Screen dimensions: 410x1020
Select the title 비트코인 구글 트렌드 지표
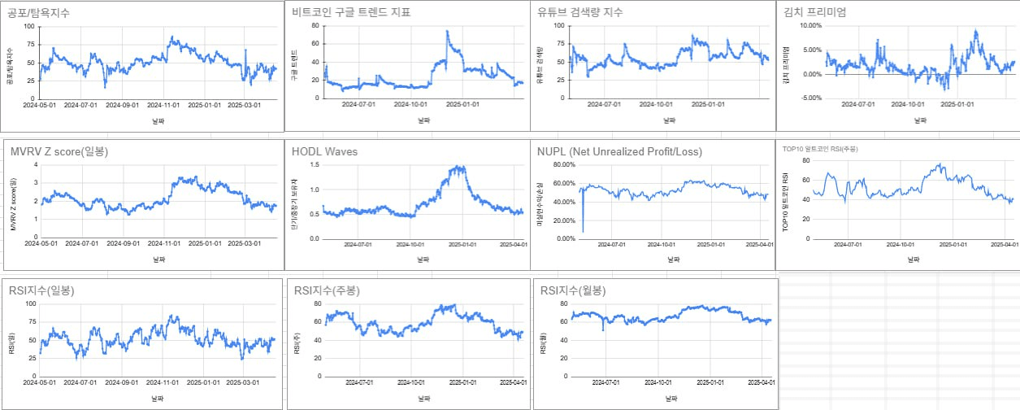point(352,12)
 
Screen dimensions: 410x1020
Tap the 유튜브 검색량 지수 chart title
point(592,12)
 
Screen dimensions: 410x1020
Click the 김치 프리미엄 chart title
point(814,12)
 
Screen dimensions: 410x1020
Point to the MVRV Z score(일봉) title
point(59,152)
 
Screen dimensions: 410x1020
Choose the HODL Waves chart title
point(325,152)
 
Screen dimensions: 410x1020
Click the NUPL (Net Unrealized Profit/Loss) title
point(619,152)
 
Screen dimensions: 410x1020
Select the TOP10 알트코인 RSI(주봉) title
point(820,149)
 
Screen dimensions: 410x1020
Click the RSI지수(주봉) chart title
point(327,290)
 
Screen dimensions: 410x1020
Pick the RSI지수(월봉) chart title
point(573,290)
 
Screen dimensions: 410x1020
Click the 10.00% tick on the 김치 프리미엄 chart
point(813,26)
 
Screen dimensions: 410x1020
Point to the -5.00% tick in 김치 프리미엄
point(814,98)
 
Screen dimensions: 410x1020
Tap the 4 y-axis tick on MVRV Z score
point(35,164)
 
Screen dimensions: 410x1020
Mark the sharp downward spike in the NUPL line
point(583,231)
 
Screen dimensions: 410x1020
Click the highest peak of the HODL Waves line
point(461,167)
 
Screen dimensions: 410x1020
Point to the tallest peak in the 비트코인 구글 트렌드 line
point(447,32)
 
